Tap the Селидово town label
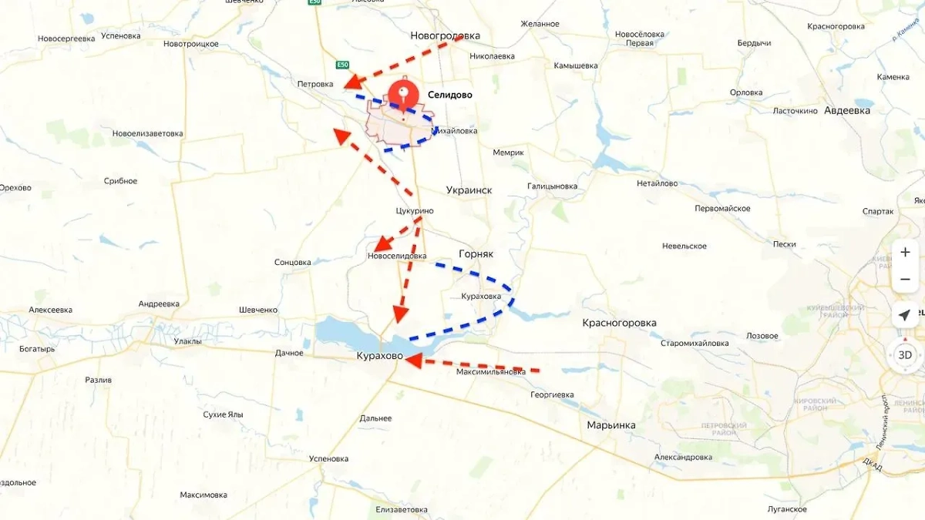pyautogui.click(x=450, y=95)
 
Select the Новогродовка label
pyautogui.click(x=445, y=35)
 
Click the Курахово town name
pyautogui.click(x=379, y=356)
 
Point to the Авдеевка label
pyautogui.click(x=847, y=110)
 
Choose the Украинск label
pyautogui.click(x=469, y=190)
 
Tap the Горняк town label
pyautogui.click(x=476, y=253)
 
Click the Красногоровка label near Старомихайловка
pyautogui.click(x=619, y=323)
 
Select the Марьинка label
pyautogui.click(x=611, y=425)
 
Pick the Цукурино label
pyautogui.click(x=414, y=211)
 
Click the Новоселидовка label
pyautogui.click(x=397, y=256)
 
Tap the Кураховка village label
pyautogui.click(x=481, y=296)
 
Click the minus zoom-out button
pyautogui.click(x=905, y=279)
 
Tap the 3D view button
pyautogui.click(x=905, y=355)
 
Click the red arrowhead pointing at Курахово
pyautogui.click(x=413, y=360)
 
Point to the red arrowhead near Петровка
pyautogui.click(x=353, y=82)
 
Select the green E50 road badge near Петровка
pyautogui.click(x=342, y=65)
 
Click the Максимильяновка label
pyautogui.click(x=491, y=372)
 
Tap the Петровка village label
pyautogui.click(x=315, y=84)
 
